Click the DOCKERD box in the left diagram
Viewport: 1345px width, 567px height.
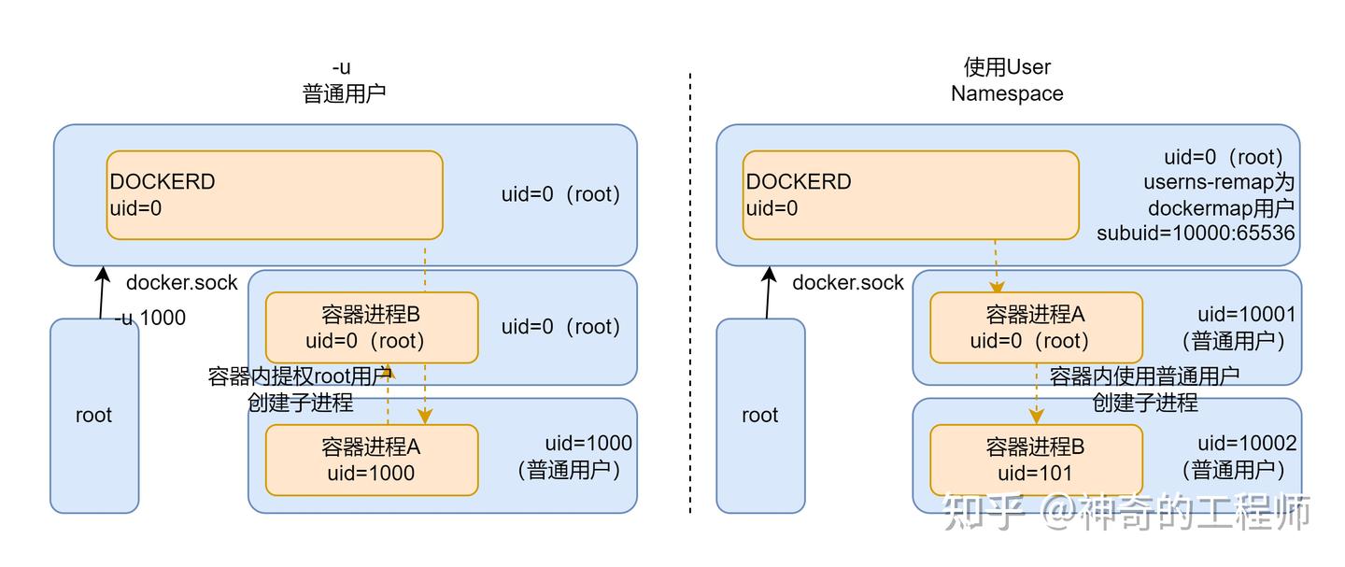tap(274, 195)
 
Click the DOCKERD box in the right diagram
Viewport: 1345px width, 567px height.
tap(911, 195)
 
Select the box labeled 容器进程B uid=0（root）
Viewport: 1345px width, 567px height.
tap(371, 328)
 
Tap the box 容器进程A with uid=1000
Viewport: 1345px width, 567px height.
tap(371, 460)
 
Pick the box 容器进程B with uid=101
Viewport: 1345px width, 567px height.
tap(1036, 460)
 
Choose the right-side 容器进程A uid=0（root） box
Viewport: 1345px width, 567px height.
tap(1036, 328)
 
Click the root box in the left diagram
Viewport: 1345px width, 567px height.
tap(93, 416)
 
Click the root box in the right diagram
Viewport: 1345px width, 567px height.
tap(759, 416)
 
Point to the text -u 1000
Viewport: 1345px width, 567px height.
tap(150, 319)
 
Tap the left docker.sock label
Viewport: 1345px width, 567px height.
tap(182, 282)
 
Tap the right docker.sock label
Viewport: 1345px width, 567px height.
tap(848, 282)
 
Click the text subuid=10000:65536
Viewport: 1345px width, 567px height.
tap(1196, 233)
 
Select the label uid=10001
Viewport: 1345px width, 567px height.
tap(1247, 316)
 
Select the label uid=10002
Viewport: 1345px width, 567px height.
tap(1247, 444)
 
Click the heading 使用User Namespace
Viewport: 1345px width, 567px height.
tap(1007, 80)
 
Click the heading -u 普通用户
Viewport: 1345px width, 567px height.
tap(343, 80)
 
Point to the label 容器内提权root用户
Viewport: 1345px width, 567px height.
tap(299, 376)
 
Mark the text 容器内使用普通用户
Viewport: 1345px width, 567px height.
tap(1144, 376)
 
